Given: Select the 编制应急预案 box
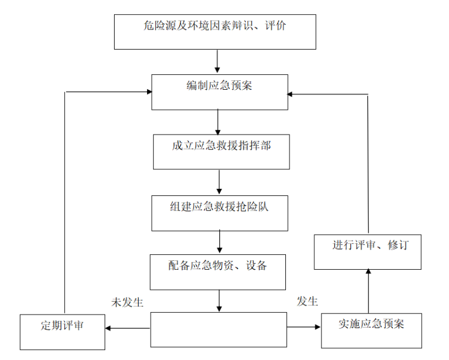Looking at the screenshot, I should (220, 92).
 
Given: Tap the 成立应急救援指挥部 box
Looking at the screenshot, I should (222, 152).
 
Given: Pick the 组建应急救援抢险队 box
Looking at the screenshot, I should (220, 212).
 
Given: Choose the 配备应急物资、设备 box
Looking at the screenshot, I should (218, 271).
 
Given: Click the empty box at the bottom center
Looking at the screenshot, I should (218, 329).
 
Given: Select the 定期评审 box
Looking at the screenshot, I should (62, 332).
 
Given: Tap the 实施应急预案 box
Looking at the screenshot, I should (372, 330).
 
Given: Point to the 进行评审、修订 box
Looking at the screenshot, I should (367, 252).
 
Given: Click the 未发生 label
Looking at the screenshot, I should (128, 302).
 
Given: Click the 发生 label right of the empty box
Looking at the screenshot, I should (307, 302).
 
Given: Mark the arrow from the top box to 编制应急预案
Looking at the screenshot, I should (217, 62).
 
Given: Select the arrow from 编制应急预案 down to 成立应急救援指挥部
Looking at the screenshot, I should (218, 122).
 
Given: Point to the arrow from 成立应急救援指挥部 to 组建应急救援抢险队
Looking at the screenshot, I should (219, 182).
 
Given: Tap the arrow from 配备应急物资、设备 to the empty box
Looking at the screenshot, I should (219, 300).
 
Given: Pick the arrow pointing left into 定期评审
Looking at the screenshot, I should (127, 328).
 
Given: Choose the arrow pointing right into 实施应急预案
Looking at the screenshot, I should (304, 327).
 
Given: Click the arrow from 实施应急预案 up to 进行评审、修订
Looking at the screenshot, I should (368, 291).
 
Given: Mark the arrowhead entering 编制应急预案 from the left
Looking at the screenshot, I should (148, 91).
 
